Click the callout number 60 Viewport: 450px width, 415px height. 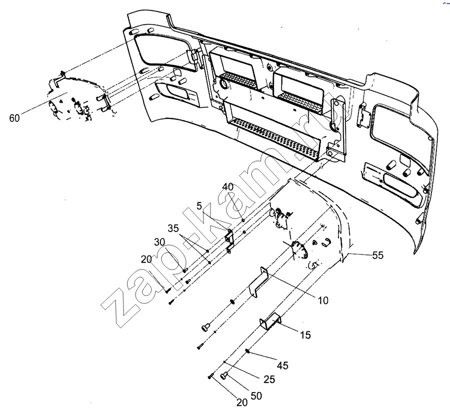pos(14,118)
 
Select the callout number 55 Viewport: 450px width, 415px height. pos(377,255)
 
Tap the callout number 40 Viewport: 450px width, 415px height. pos(227,186)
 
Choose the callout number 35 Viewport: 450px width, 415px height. pos(173,228)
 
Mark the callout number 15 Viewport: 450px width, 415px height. pos(305,335)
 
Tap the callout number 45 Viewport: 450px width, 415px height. pos(282,365)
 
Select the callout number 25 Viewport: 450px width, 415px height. pos(269,379)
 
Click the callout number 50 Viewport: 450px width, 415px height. pos(256,395)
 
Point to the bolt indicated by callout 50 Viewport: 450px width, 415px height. pos(225,374)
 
